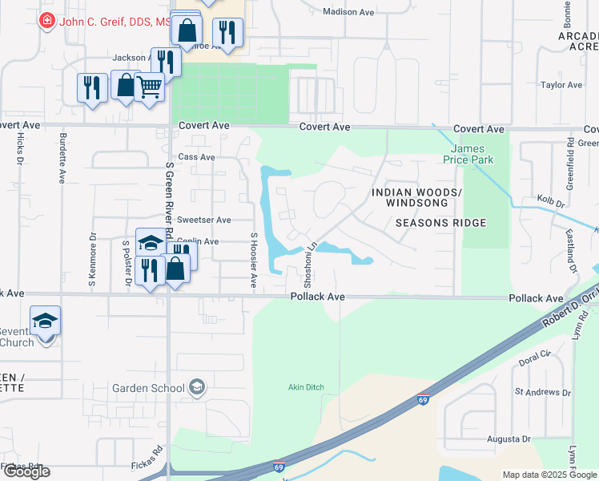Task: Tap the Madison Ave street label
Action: click(348, 11)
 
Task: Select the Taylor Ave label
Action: click(561, 84)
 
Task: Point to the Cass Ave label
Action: click(196, 157)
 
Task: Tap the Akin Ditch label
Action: click(306, 387)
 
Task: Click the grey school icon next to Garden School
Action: click(196, 388)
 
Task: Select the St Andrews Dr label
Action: click(543, 392)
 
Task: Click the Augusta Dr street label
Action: click(509, 439)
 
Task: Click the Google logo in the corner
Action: click(26, 471)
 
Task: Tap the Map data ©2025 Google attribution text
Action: click(549, 475)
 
